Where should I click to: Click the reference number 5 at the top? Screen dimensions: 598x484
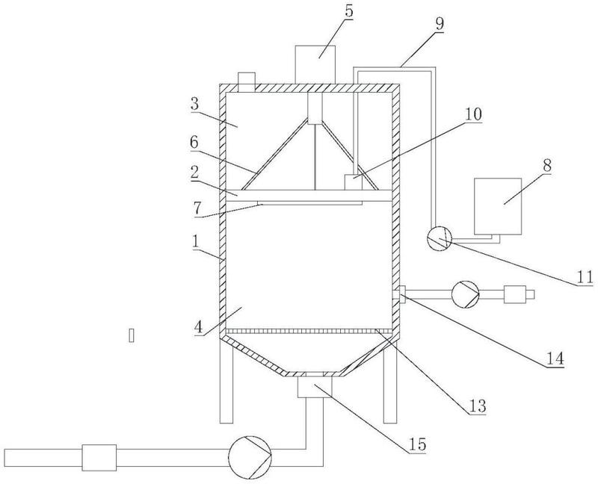tap(348, 11)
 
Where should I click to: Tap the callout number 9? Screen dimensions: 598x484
tap(440, 24)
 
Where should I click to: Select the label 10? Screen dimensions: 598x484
tap(472, 114)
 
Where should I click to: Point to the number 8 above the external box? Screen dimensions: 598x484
tap(547, 165)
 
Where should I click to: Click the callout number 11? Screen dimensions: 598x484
tap(585, 277)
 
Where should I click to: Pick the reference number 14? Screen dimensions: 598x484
tap(555, 359)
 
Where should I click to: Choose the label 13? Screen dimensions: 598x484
tap(478, 406)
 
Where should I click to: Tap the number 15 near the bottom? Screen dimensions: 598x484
tap(418, 444)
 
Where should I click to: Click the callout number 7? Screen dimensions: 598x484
tap(197, 208)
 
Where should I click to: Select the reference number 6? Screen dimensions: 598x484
tap(194, 143)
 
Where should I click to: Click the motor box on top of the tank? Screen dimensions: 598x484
tap(315, 65)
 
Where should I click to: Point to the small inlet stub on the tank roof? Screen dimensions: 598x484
tap(246, 82)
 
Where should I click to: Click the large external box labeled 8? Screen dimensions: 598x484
tap(498, 206)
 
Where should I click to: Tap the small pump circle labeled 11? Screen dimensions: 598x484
tap(439, 238)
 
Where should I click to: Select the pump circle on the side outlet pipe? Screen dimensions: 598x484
tap(465, 294)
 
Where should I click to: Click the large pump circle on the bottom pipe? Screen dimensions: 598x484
tap(250, 457)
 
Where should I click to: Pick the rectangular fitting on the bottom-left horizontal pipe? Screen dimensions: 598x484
tap(99, 457)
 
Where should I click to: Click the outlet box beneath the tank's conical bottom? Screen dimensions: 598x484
tap(315, 388)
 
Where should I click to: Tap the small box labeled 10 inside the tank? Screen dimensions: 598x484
tap(353, 182)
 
